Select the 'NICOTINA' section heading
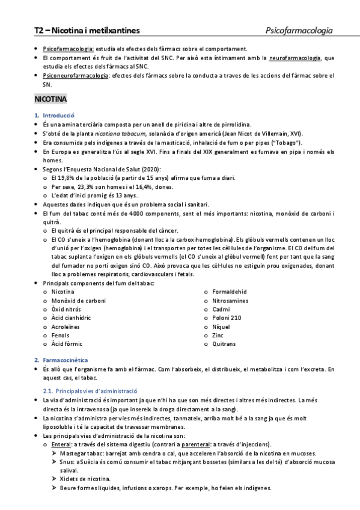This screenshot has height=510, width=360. tap(51, 97)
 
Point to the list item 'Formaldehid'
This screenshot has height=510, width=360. tap(229, 291)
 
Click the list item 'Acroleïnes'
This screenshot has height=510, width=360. tap(67, 326)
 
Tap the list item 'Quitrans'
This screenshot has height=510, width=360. tap(224, 343)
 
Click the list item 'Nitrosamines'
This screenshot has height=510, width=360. tap(231, 300)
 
